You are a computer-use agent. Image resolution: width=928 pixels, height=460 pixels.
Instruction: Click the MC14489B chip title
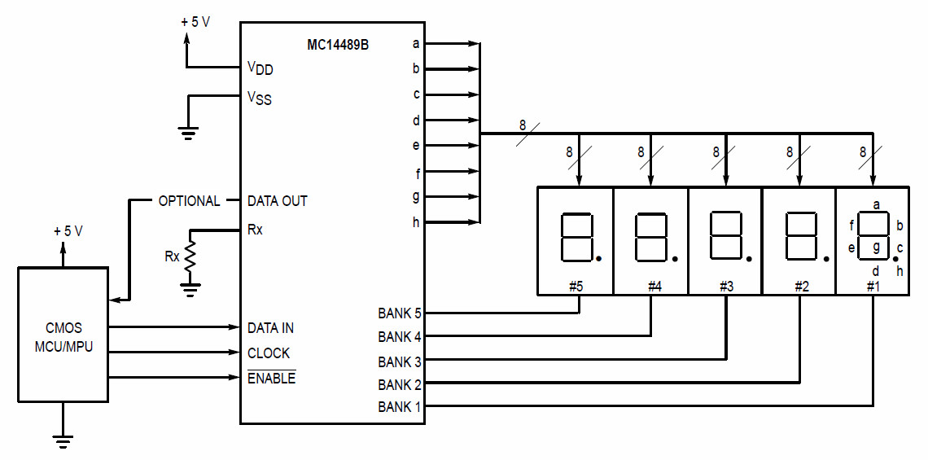tap(337, 44)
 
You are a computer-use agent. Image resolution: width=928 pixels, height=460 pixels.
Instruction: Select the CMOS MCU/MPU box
tap(63, 335)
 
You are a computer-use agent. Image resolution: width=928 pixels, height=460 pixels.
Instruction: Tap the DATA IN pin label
tap(270, 328)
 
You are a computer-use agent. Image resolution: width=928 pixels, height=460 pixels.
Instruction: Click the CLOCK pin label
tap(269, 353)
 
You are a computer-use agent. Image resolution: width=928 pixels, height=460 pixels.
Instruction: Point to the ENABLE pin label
tap(271, 379)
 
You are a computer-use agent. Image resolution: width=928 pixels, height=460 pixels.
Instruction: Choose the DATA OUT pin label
tap(278, 201)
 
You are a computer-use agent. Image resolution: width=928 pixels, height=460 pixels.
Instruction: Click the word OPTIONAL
tap(189, 201)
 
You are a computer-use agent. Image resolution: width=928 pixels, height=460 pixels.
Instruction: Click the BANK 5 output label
tap(400, 313)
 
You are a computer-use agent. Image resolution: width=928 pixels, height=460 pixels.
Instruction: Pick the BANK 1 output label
tap(400, 407)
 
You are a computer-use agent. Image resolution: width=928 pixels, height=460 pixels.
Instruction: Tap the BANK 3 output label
tap(400, 361)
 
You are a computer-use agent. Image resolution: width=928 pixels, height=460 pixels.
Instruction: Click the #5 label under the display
tap(576, 286)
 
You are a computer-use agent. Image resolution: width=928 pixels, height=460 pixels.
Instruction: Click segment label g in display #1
tap(876, 247)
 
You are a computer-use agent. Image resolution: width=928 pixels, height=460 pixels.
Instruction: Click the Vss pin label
tap(260, 98)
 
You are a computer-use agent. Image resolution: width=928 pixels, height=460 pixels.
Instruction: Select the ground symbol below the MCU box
tap(63, 441)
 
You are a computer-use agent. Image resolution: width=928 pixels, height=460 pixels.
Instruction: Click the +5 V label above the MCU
tap(68, 231)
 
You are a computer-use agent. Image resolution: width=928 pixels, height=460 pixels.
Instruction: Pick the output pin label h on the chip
tap(416, 222)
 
